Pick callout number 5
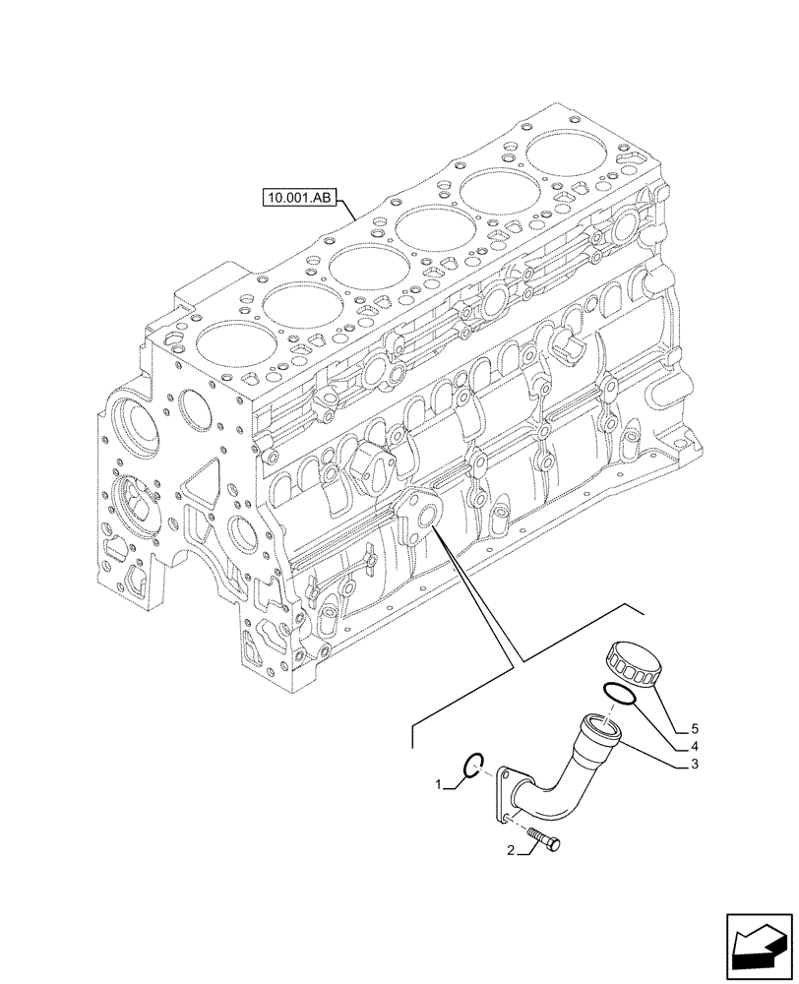[x=694, y=729]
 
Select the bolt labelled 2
[x=543, y=839]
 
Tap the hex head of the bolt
[x=554, y=843]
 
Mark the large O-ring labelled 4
[x=620, y=694]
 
